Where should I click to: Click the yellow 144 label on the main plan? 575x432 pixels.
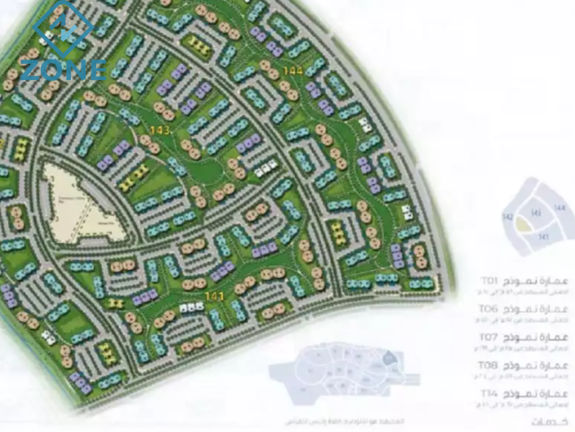pos(294,71)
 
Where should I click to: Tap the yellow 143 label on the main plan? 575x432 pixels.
pos(159,130)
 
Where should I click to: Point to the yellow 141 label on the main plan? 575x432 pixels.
pos(214,295)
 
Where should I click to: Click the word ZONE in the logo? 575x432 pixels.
pos(62,69)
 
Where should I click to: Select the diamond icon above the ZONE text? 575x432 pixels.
pos(63,28)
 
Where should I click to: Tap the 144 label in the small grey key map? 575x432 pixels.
pos(560,208)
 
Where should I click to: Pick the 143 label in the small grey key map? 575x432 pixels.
pos(536,213)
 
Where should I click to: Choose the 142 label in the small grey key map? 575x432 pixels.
pos(508,217)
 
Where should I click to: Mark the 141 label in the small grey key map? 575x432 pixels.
pos(543,237)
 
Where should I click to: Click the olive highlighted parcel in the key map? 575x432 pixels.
pos(522,227)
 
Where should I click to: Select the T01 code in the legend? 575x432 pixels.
pos(488,280)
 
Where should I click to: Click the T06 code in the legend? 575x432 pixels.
pos(488,308)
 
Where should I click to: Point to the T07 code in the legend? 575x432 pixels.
pos(488,336)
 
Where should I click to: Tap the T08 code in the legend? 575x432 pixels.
pos(488,364)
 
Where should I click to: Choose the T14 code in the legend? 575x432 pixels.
pos(488,392)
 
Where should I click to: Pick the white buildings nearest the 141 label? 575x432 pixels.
pos(191,308)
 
